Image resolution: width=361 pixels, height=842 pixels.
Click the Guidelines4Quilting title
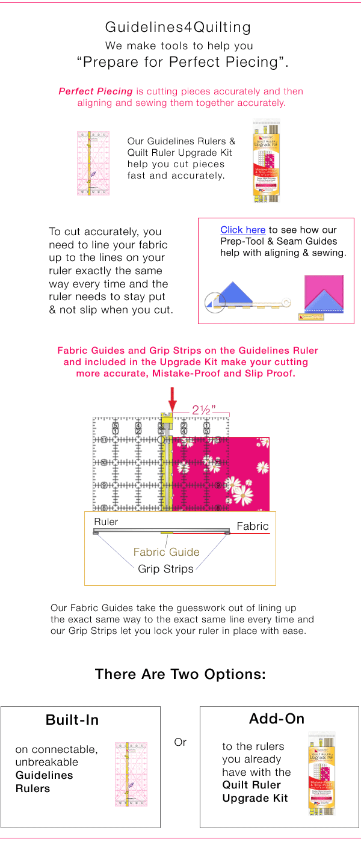click(x=178, y=27)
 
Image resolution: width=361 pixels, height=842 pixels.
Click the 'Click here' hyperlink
click(x=242, y=230)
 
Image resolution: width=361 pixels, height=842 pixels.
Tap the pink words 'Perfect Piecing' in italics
click(x=96, y=91)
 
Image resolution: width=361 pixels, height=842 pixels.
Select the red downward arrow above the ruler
click(x=173, y=399)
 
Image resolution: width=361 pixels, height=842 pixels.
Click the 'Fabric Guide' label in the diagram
click(x=166, y=552)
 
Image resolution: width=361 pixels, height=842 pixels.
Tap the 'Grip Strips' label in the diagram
click(x=165, y=568)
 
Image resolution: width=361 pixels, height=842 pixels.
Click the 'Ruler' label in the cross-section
click(x=106, y=521)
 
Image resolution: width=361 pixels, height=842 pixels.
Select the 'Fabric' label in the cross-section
click(x=252, y=526)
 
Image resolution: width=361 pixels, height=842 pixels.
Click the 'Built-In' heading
click(x=72, y=720)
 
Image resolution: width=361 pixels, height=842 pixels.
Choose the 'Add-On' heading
click(x=277, y=719)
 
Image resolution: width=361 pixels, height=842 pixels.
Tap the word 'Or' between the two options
click(x=180, y=742)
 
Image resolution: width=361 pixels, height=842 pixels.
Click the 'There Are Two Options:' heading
click(x=180, y=674)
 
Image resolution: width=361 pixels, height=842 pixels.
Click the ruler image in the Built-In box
click(x=131, y=774)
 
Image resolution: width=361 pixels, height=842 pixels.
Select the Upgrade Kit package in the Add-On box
click(x=321, y=773)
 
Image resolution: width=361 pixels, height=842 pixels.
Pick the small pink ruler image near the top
click(x=93, y=163)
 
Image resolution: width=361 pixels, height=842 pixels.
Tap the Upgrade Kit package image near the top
click(x=267, y=161)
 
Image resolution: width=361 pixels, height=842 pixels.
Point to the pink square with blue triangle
click(x=324, y=293)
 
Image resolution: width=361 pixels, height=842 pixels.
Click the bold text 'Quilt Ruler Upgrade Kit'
click(x=251, y=791)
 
